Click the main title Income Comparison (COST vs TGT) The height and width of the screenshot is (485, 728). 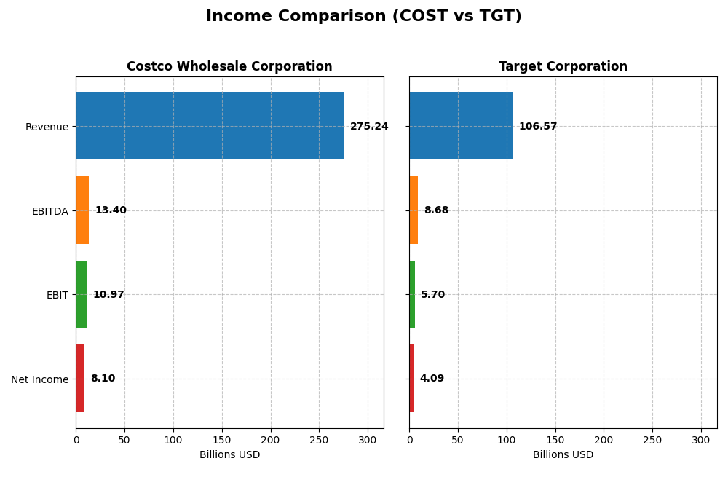pyautogui.click(x=363, y=16)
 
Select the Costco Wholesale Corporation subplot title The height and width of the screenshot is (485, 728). pyautogui.click(x=229, y=66)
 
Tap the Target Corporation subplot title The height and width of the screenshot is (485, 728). pyautogui.click(x=563, y=66)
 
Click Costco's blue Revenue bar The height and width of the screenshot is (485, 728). pyautogui.click(x=210, y=126)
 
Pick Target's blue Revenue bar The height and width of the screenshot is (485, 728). pyautogui.click(x=461, y=126)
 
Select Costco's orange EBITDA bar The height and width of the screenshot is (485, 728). pyautogui.click(x=82, y=210)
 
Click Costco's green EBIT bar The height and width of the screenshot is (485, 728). pyautogui.click(x=82, y=294)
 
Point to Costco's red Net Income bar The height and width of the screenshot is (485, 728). pyautogui.click(x=80, y=379)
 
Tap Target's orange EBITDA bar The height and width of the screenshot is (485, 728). pyautogui.click(x=414, y=210)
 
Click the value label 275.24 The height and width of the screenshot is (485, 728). pyautogui.click(x=369, y=127)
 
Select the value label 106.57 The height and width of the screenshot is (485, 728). pyautogui.click(x=538, y=127)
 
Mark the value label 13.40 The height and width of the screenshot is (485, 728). pyautogui.click(x=111, y=210)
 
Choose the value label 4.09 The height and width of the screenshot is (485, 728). pyautogui.click(x=432, y=379)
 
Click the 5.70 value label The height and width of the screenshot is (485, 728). pyautogui.click(x=432, y=295)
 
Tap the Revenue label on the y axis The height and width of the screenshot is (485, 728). pyautogui.click(x=47, y=127)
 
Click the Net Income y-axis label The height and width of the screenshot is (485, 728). pyautogui.click(x=40, y=379)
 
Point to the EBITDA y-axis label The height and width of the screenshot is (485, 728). pyautogui.click(x=50, y=211)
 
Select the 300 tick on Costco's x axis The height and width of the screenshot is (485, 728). pyautogui.click(x=368, y=440)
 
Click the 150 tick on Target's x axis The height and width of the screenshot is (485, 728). pyautogui.click(x=555, y=440)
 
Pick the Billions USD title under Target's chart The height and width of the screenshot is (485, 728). pyautogui.click(x=563, y=455)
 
